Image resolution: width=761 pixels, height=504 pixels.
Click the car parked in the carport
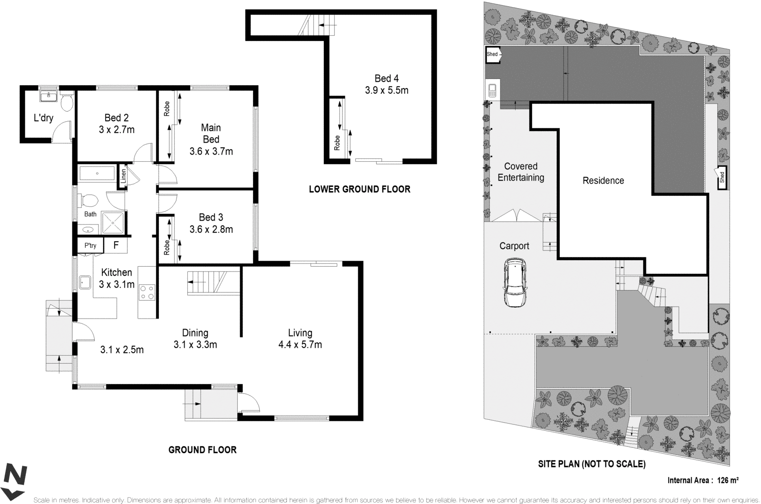[514, 283]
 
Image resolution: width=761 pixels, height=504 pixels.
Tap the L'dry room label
[43, 117]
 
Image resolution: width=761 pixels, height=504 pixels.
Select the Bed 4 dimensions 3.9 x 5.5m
[386, 90]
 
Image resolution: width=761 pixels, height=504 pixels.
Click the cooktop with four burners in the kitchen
[147, 291]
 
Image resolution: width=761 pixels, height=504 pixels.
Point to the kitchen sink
[86, 282]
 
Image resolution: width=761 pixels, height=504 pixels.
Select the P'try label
[90, 245]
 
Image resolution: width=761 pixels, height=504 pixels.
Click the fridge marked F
[116, 245]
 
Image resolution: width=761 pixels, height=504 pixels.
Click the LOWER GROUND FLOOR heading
[359, 189]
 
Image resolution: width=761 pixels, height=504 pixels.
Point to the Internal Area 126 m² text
[702, 480]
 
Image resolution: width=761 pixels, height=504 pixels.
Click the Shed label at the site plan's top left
[492, 54]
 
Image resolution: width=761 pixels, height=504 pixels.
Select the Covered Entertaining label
[520, 172]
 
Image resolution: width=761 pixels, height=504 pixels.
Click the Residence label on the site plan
[603, 181]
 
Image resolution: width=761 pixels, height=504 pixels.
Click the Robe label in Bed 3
[166, 247]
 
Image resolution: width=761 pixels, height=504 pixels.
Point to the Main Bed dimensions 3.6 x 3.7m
[211, 152]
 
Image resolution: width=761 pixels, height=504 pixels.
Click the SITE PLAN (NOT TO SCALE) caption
[591, 464]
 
